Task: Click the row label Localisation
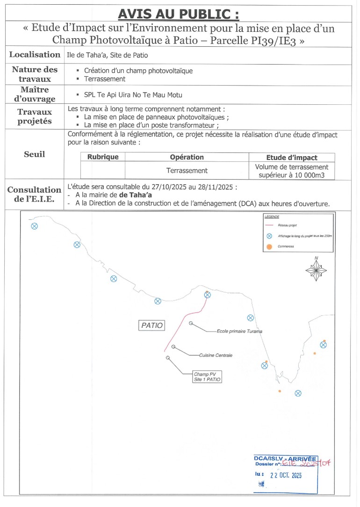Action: point(34,55)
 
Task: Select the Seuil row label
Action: point(34,154)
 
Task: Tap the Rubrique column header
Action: point(103,157)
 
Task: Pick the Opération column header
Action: point(187,157)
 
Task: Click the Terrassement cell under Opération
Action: point(187,171)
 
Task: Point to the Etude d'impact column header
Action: point(291,158)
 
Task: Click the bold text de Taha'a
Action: point(136,195)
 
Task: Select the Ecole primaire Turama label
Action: point(239,331)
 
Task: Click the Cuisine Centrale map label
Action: point(216,355)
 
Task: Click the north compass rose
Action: point(316,269)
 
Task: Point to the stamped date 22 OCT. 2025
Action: point(286,475)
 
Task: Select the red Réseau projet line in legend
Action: point(269,225)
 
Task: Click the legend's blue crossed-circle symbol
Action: point(269,236)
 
